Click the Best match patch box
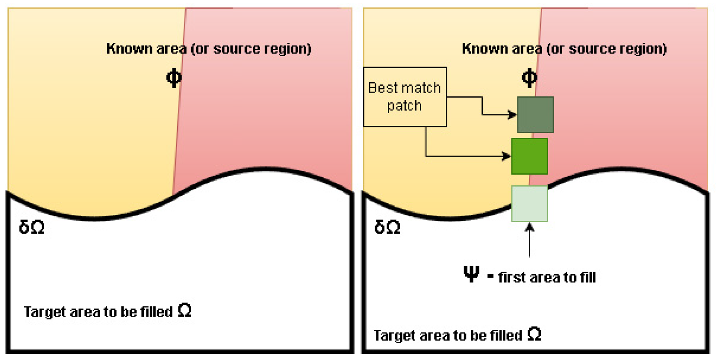404,97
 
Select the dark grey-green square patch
535,115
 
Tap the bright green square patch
529,157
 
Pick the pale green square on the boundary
529,203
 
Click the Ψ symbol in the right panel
471,275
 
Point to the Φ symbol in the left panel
173,78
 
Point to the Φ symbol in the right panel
529,78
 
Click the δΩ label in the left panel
31,227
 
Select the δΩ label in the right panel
387,227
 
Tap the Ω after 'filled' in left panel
184,310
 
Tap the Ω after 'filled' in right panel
534,334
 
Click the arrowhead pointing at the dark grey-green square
513,115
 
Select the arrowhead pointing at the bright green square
507,157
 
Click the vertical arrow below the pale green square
529,240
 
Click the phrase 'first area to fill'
547,277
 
